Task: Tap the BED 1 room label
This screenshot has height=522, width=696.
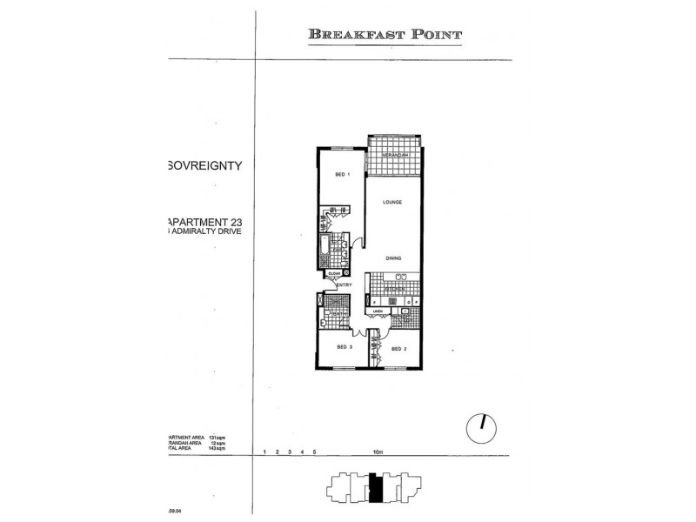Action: [342, 174]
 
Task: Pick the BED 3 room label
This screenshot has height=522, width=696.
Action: [345, 347]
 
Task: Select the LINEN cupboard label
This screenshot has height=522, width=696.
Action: [378, 311]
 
